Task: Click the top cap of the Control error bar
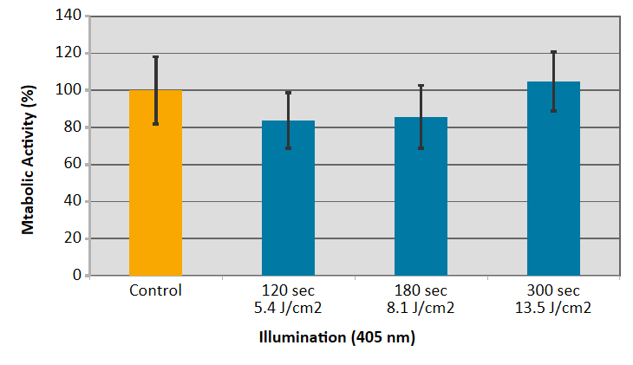[x=156, y=57]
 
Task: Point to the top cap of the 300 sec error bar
[x=553, y=52]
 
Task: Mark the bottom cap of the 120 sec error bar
[x=288, y=148]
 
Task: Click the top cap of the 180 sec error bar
[x=421, y=85]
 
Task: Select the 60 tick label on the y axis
[x=75, y=165]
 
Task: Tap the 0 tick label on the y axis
[x=78, y=276]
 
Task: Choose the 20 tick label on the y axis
[x=75, y=238]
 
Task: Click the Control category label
[x=155, y=290]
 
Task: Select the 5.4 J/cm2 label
[x=288, y=307]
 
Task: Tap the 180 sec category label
[x=421, y=290]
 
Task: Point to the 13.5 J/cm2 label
[x=553, y=307]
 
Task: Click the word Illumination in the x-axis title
[x=303, y=338]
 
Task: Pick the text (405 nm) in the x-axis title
[x=382, y=338]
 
